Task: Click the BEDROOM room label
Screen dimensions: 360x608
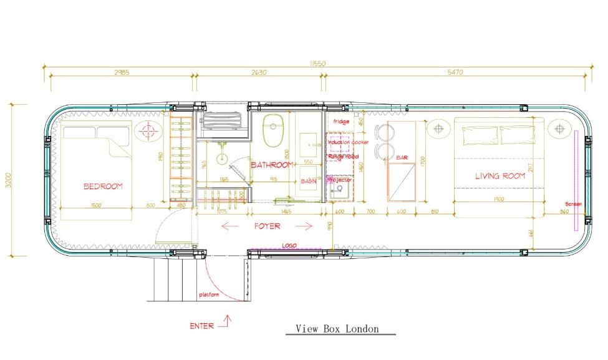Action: (x=103, y=186)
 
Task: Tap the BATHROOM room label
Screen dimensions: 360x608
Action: (x=272, y=165)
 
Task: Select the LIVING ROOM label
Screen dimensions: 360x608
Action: (x=500, y=176)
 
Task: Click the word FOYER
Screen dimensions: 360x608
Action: (x=267, y=226)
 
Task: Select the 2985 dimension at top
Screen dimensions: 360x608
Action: (x=122, y=72)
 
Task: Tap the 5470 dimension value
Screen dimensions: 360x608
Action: (x=455, y=72)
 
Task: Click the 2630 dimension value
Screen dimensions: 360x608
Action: (x=259, y=72)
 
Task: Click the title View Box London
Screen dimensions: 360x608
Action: (x=337, y=329)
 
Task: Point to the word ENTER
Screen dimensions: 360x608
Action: (x=202, y=326)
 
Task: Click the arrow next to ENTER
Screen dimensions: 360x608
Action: (x=225, y=322)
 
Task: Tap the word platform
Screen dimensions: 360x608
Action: (x=209, y=294)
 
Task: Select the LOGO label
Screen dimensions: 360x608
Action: (x=289, y=246)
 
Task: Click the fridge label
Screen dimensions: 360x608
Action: (x=341, y=122)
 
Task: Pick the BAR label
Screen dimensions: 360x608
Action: (x=402, y=158)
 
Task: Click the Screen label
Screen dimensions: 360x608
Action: (x=573, y=204)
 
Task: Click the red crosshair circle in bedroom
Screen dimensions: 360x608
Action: (x=148, y=131)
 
